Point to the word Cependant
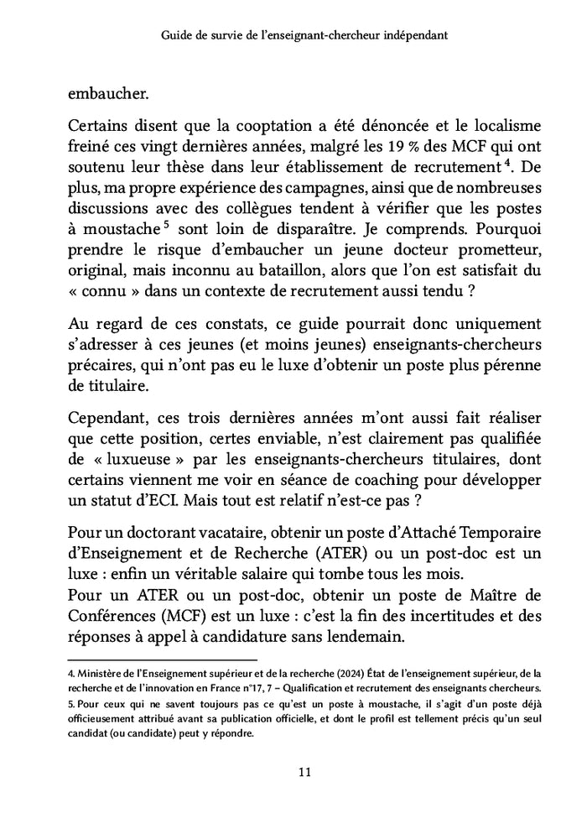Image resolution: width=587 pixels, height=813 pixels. click(x=106, y=417)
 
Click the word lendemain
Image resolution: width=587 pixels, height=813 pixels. click(x=359, y=637)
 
